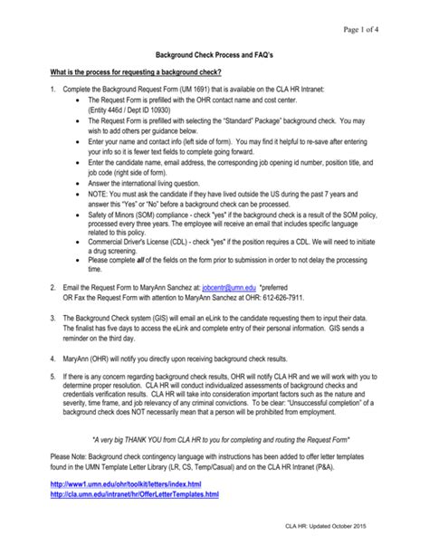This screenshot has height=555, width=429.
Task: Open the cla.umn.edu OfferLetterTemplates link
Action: (x=134, y=494)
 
